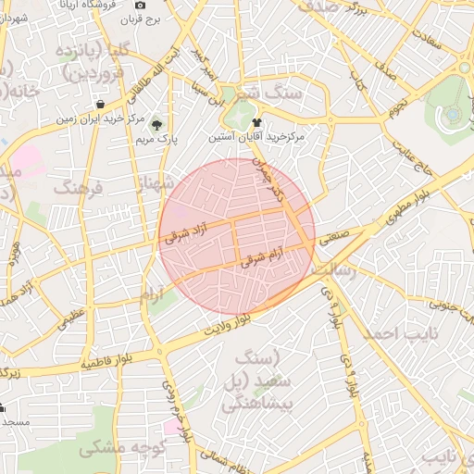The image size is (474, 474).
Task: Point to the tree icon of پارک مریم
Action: [156, 124]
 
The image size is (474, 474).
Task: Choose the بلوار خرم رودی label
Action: [179, 408]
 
